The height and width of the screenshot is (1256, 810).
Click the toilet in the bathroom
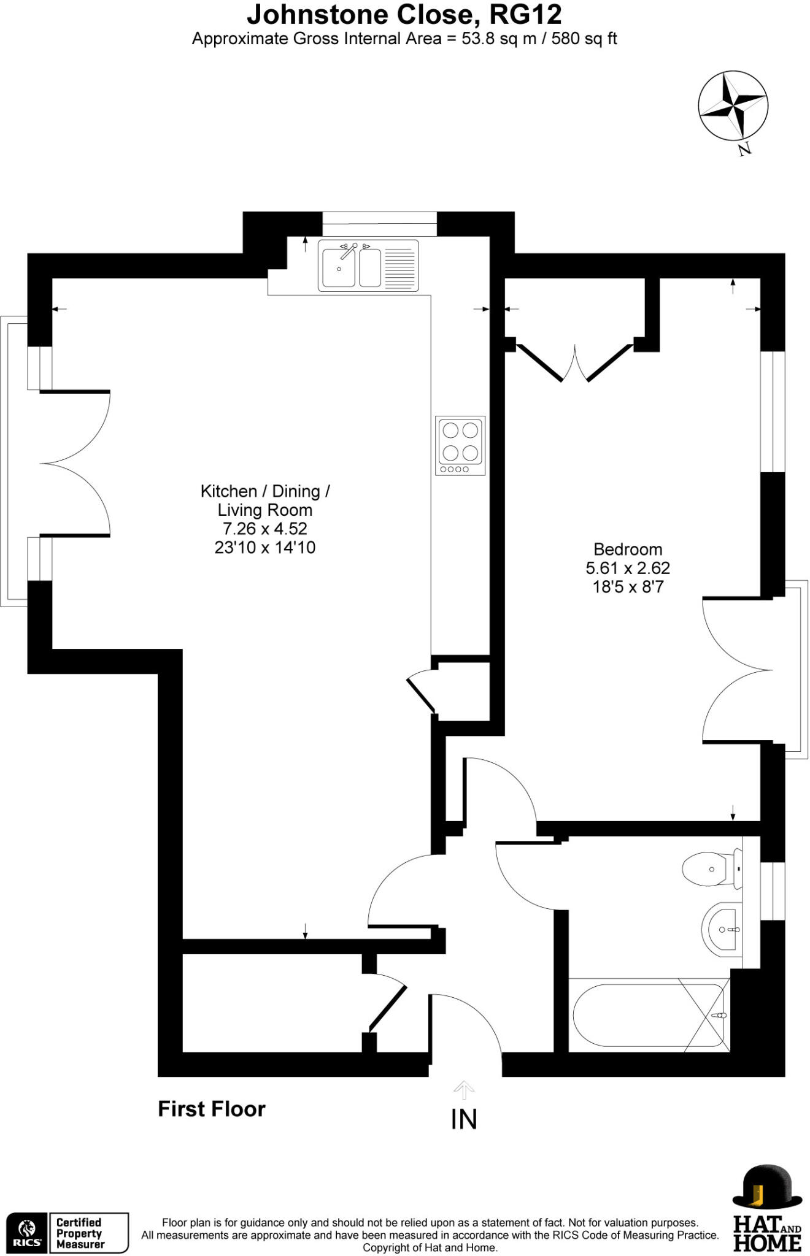(711, 868)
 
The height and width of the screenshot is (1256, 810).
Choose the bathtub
(649, 1016)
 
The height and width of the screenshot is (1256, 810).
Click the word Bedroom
(627, 549)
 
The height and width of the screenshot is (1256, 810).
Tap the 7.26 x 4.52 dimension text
(264, 529)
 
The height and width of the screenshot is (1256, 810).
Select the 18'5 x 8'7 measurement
(628, 587)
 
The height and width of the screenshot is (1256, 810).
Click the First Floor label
(212, 1109)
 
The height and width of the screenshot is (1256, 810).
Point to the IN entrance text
(463, 1120)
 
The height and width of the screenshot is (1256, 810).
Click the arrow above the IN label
(463, 1090)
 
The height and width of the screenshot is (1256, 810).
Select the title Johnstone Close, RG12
(404, 14)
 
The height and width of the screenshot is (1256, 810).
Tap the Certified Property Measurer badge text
(80, 1233)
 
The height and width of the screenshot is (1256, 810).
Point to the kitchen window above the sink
(380, 223)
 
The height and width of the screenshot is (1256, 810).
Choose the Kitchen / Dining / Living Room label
(265, 500)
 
